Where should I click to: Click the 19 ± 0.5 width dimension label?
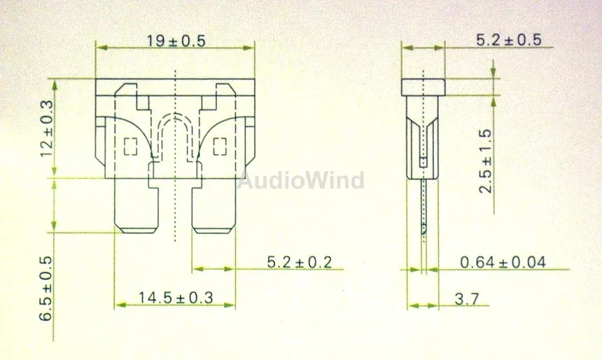(x=176, y=41)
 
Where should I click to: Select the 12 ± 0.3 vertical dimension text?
(x=48, y=128)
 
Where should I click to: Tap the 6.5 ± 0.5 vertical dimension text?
(x=48, y=288)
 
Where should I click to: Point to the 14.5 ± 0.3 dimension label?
(x=175, y=297)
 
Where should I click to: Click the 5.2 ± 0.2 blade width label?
(x=299, y=263)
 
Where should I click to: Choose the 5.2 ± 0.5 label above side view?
(x=508, y=41)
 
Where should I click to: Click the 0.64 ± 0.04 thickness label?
(x=503, y=263)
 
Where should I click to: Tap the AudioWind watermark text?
(x=301, y=181)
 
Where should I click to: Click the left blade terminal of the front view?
(x=135, y=205)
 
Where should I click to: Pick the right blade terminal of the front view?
(x=213, y=205)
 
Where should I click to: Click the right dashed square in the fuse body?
(x=219, y=147)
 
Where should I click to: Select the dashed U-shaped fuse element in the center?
(x=175, y=137)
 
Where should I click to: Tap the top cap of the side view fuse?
(x=423, y=87)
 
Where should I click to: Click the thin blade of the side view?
(x=423, y=203)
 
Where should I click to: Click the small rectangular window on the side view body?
(x=423, y=162)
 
